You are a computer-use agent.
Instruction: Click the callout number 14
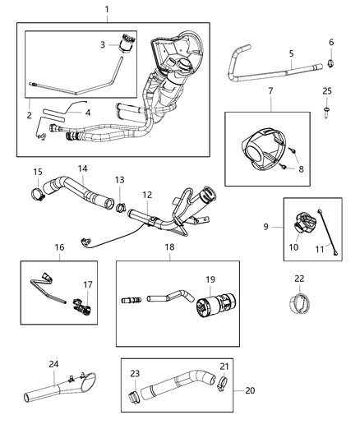click(x=83, y=168)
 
